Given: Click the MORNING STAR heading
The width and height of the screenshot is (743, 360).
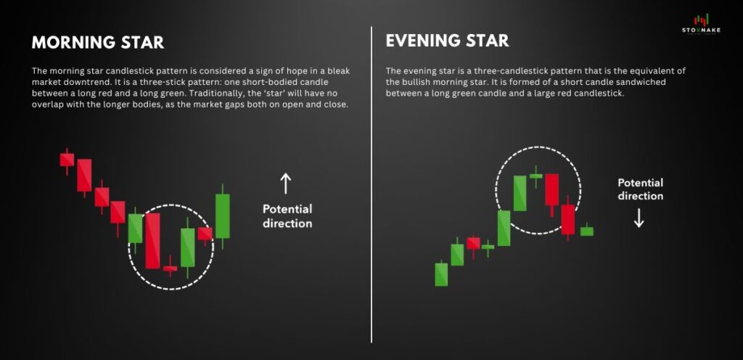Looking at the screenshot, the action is tap(98, 42).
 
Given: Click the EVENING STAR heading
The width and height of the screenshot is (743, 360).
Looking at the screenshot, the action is tap(447, 40).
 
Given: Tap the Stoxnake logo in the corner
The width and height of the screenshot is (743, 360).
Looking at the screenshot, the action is tap(701, 24).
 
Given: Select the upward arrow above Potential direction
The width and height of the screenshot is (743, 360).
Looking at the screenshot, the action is tap(285, 184).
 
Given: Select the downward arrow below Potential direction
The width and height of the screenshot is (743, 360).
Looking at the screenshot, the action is tap(639, 218).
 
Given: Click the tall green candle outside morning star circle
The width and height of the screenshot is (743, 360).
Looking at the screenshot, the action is tap(222, 216).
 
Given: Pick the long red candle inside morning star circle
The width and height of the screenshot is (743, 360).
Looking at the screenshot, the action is tap(152, 241).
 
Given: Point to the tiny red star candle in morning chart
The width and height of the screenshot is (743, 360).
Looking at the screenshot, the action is tap(170, 268).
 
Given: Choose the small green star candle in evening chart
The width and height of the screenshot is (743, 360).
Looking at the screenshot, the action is tap(536, 176).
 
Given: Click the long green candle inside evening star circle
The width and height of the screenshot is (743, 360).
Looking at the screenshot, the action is tap(520, 193).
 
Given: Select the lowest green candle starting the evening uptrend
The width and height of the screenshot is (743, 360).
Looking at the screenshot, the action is tap(441, 274).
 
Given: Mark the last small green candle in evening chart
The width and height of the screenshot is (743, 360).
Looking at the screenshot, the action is tap(586, 231).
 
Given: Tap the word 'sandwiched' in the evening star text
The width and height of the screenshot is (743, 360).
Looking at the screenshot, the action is tap(623, 82).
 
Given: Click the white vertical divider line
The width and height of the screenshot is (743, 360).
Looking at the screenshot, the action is tap(371, 184).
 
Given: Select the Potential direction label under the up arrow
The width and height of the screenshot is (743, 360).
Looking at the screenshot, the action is tap(287, 216).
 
